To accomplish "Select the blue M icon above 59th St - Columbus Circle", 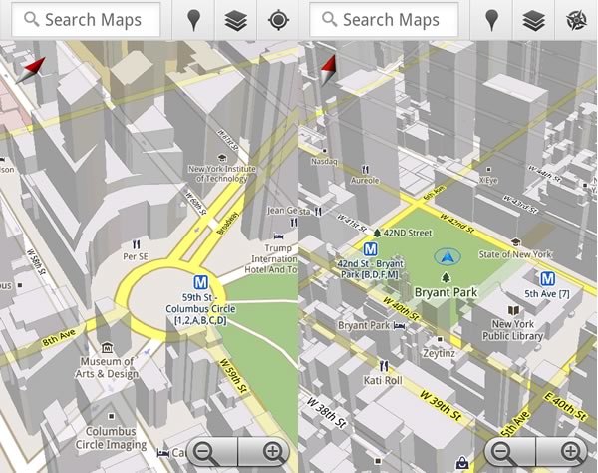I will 202,281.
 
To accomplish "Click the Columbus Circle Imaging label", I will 110,437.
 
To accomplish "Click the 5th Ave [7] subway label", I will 548,293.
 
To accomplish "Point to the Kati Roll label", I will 383,379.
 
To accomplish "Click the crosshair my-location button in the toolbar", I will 277,19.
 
